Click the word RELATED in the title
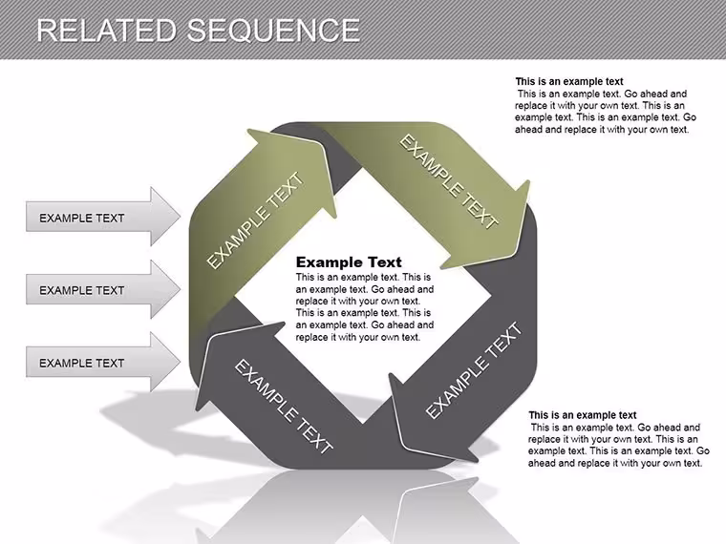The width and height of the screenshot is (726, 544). pos(107,31)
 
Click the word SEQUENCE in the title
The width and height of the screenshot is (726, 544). pos(273,31)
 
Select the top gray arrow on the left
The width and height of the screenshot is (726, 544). pos(103,216)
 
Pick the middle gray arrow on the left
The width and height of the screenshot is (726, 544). pos(103,289)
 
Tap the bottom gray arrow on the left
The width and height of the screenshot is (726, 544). pos(103,362)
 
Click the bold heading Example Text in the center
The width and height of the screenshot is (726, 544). pos(349,262)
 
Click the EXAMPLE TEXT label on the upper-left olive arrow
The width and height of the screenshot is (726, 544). pos(256,220)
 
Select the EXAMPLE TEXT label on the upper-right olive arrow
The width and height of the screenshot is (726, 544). pos(449,181)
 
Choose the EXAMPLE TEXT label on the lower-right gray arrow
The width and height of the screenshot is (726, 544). pos(473,370)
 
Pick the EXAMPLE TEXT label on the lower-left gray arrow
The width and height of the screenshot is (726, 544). pos(284,407)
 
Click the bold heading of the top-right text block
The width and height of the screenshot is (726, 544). pos(569,81)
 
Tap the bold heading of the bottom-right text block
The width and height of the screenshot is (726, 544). pos(583,415)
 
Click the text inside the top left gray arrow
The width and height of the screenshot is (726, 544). pos(82,218)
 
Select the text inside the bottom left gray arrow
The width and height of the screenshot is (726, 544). pos(82,363)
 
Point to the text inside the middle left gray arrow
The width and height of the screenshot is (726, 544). pos(82,290)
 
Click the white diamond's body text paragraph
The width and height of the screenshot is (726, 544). pos(365,307)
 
